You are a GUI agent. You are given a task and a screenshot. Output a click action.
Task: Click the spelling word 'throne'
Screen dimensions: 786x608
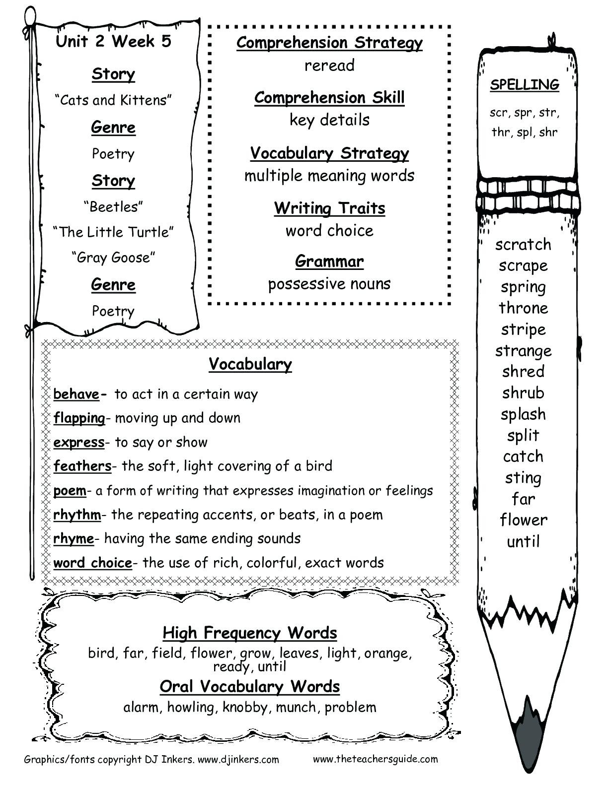click(x=523, y=308)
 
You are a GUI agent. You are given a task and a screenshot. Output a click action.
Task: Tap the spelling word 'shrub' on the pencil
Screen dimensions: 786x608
click(x=523, y=393)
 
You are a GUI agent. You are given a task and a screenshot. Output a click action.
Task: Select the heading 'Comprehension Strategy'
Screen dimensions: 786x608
click(x=329, y=43)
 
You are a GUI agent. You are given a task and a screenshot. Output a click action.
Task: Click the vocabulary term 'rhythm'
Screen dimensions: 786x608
click(x=77, y=515)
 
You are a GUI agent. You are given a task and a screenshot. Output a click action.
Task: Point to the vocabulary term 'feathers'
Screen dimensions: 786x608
click(x=82, y=466)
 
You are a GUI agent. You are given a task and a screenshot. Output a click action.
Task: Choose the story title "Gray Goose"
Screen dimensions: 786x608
click(x=113, y=258)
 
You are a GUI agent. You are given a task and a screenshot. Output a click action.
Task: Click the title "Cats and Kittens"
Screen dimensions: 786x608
click(x=113, y=100)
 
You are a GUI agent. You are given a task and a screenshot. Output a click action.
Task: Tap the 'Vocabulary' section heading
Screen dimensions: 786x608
click(x=250, y=364)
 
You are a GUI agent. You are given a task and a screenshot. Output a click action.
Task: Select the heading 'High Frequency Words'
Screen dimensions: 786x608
click(x=250, y=633)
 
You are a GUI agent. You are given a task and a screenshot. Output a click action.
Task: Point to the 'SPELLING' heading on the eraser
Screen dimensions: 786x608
click(x=525, y=85)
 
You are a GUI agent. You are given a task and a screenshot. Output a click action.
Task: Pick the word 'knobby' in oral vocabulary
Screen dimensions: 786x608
click(x=245, y=707)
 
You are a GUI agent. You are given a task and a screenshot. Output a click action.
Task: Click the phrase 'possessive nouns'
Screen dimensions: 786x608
click(x=329, y=284)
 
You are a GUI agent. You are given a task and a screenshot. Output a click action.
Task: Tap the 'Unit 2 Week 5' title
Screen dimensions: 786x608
click(x=113, y=41)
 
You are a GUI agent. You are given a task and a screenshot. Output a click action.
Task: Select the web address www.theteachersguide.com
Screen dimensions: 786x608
click(x=376, y=759)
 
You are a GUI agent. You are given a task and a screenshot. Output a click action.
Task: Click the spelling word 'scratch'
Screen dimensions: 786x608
click(x=523, y=244)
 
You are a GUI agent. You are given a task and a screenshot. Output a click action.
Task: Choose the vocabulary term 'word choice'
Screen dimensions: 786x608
click(x=93, y=563)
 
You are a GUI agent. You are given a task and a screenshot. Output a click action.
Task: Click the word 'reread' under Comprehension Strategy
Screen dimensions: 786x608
click(x=329, y=65)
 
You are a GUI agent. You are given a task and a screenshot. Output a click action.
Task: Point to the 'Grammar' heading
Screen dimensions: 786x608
click(x=329, y=261)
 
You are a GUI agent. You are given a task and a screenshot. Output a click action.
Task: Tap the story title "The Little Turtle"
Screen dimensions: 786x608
click(x=113, y=232)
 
